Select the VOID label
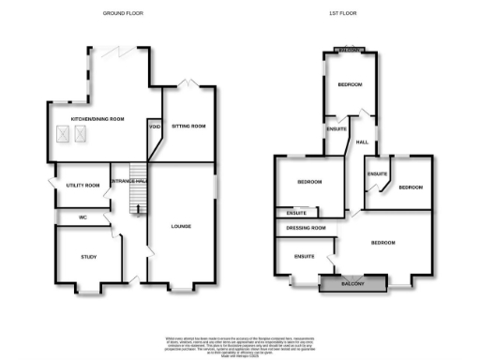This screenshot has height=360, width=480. [153, 127]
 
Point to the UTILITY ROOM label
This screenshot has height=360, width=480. [82, 186]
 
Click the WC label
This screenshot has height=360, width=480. [83, 217]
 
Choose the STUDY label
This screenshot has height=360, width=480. [88, 256]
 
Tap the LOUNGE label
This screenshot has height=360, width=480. [184, 226]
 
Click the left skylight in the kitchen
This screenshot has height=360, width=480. [64, 136]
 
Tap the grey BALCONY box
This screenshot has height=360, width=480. [352, 283]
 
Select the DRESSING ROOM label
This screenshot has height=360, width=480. [307, 228]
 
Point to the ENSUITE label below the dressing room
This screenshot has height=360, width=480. [304, 255]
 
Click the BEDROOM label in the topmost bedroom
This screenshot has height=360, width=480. [350, 84]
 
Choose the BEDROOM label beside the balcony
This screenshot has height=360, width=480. [382, 243]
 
